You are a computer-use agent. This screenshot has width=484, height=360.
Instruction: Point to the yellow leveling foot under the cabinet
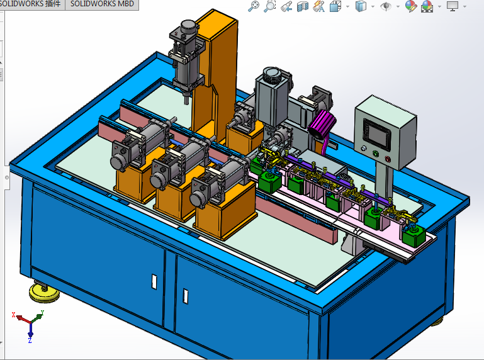pyautogui.click(x=42, y=291)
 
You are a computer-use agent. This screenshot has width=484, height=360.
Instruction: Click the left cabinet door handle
pyautogui.click(x=154, y=281)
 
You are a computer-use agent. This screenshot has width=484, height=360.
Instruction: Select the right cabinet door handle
pyautogui.click(x=185, y=294)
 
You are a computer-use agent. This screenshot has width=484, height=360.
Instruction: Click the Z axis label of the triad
pyautogui.click(x=30, y=340)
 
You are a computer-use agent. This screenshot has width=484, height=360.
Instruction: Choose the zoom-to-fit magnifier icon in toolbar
pyautogui.click(x=254, y=7)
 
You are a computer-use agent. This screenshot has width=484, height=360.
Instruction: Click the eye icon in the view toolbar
pyautogui.click(x=386, y=7)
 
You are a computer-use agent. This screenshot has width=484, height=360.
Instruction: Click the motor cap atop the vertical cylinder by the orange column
pyautogui.click(x=188, y=28)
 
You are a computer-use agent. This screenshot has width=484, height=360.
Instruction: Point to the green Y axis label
pyautogui.click(x=42, y=312)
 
